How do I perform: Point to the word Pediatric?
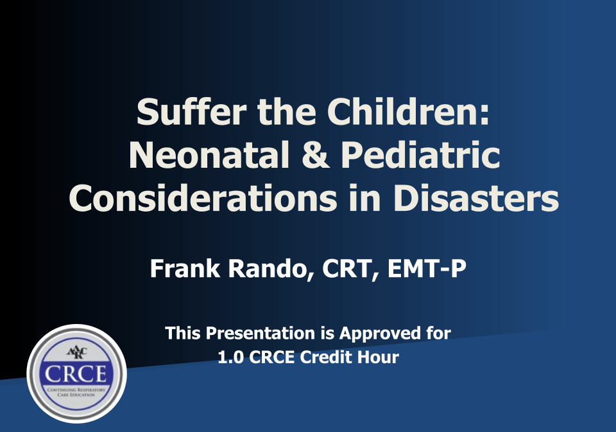tap(421, 155)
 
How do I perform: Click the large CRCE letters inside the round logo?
tap(76, 373)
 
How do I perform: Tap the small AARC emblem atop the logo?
tap(76, 352)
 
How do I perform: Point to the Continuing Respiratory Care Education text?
tap(76, 392)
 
